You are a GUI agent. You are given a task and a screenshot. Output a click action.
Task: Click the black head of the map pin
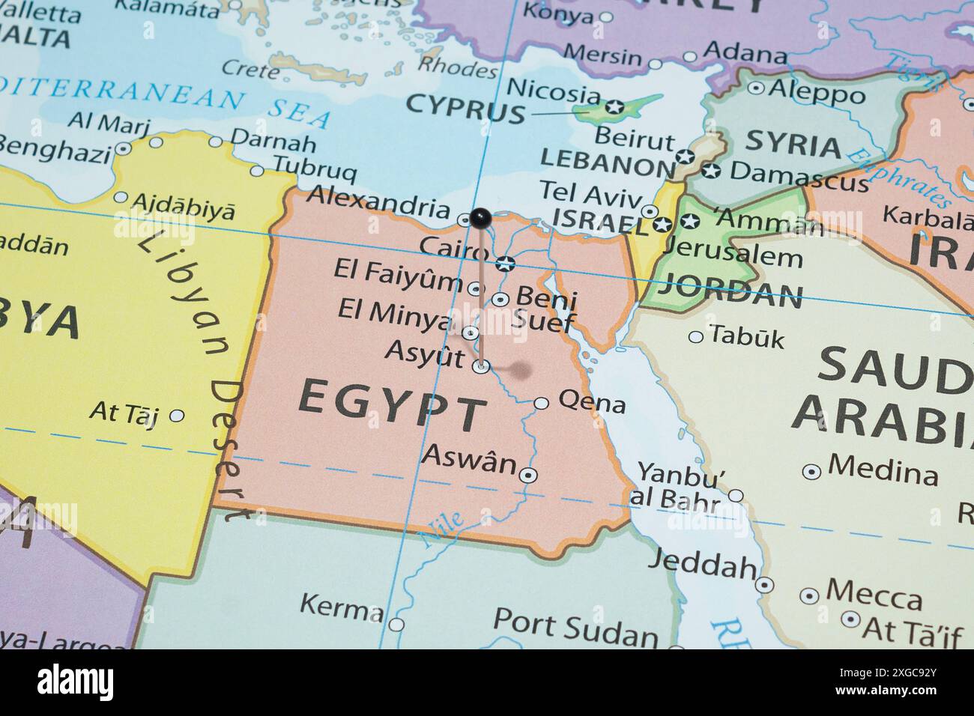point(480,218)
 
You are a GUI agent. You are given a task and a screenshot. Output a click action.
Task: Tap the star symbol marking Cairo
point(505,263)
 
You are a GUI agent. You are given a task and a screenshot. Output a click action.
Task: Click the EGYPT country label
point(392,405)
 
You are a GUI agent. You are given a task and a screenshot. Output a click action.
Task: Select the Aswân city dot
point(529,475)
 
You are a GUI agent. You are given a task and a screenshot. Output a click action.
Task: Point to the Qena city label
point(592,403)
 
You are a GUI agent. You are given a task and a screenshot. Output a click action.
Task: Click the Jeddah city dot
point(764,585)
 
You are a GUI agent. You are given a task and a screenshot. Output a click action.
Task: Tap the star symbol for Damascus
point(711,171)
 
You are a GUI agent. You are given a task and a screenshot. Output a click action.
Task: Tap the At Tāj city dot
point(177,415)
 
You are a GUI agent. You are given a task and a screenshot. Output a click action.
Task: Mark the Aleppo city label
point(817,93)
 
